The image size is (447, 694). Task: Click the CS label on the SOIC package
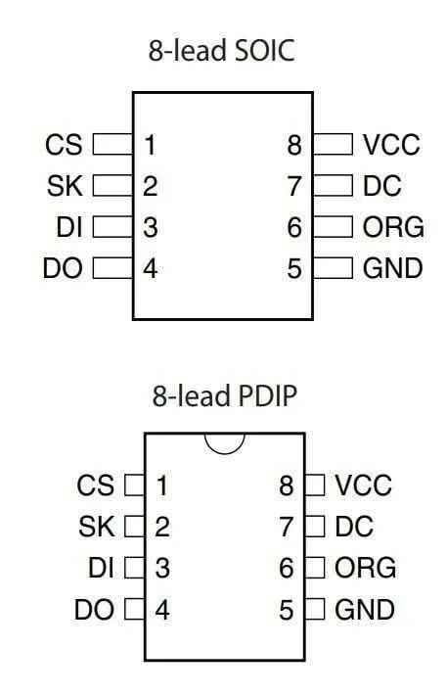click(64, 145)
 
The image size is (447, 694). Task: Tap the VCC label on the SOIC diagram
click(391, 145)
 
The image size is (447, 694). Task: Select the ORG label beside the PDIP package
click(365, 568)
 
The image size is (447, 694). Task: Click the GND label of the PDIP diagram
click(365, 610)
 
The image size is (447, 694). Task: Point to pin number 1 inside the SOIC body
click(151, 145)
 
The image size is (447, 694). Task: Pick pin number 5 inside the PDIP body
click(286, 610)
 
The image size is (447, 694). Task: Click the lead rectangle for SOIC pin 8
click(333, 144)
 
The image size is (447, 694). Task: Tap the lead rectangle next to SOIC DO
click(112, 268)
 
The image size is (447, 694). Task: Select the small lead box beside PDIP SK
click(134, 527)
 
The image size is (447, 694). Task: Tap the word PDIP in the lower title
click(267, 395)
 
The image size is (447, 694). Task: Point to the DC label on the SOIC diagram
click(382, 186)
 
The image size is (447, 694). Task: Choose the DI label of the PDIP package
click(102, 568)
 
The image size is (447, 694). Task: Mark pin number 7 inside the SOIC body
click(294, 186)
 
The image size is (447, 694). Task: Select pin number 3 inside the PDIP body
click(162, 569)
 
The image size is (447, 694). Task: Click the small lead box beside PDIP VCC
click(315, 485)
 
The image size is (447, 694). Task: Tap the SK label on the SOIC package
click(65, 186)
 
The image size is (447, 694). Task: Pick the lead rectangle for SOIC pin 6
click(333, 227)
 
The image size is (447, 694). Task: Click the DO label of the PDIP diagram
click(94, 610)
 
